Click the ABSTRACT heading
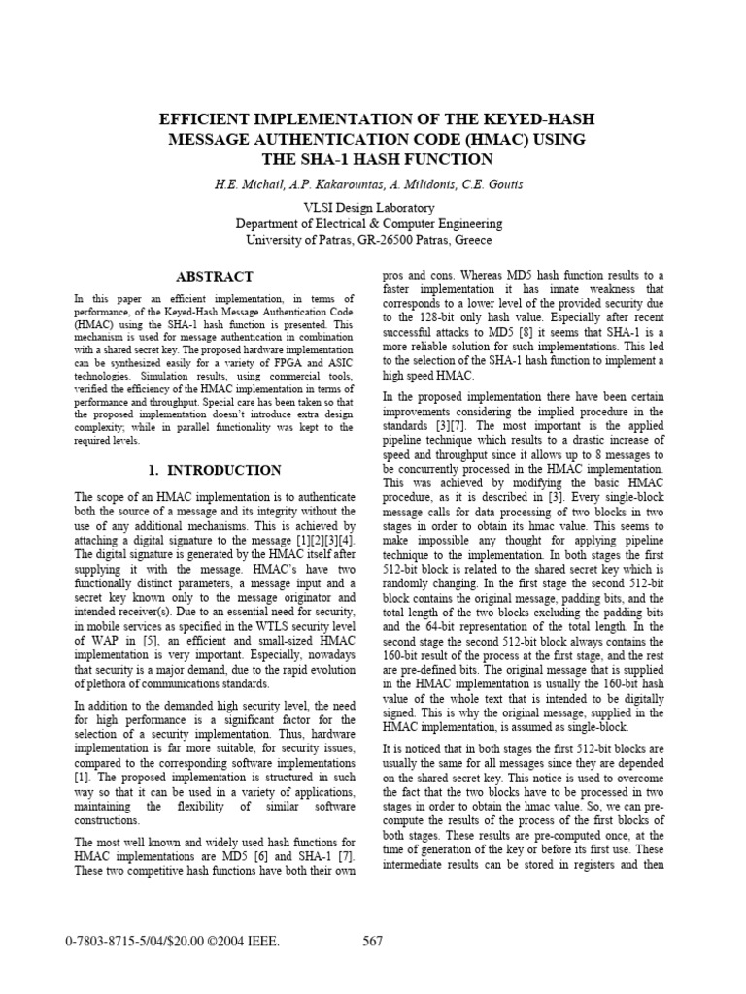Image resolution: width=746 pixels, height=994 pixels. coord(213,277)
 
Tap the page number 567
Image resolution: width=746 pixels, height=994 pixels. coord(373,941)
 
